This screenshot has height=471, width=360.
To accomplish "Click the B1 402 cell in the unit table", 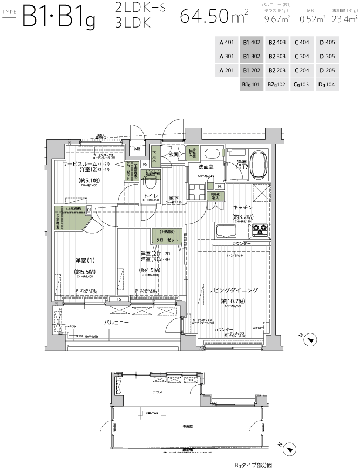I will [252, 42].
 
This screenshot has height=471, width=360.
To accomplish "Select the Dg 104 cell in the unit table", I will [327, 84].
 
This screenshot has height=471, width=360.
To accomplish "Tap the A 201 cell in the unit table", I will [226, 70].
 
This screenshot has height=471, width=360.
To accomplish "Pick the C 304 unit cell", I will [302, 56].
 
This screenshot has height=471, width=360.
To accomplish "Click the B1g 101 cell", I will [252, 84].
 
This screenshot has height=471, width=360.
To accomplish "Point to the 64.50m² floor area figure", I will [214, 16].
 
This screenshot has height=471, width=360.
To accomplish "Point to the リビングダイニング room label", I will [233, 290].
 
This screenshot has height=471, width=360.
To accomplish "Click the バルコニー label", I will [116, 322].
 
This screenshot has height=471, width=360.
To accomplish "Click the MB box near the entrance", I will [138, 149].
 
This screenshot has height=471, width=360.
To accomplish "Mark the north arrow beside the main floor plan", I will [310, 339].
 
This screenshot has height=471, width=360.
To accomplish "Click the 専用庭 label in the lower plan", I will [187, 426].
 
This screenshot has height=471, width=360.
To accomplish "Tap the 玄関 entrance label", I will [173, 155].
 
